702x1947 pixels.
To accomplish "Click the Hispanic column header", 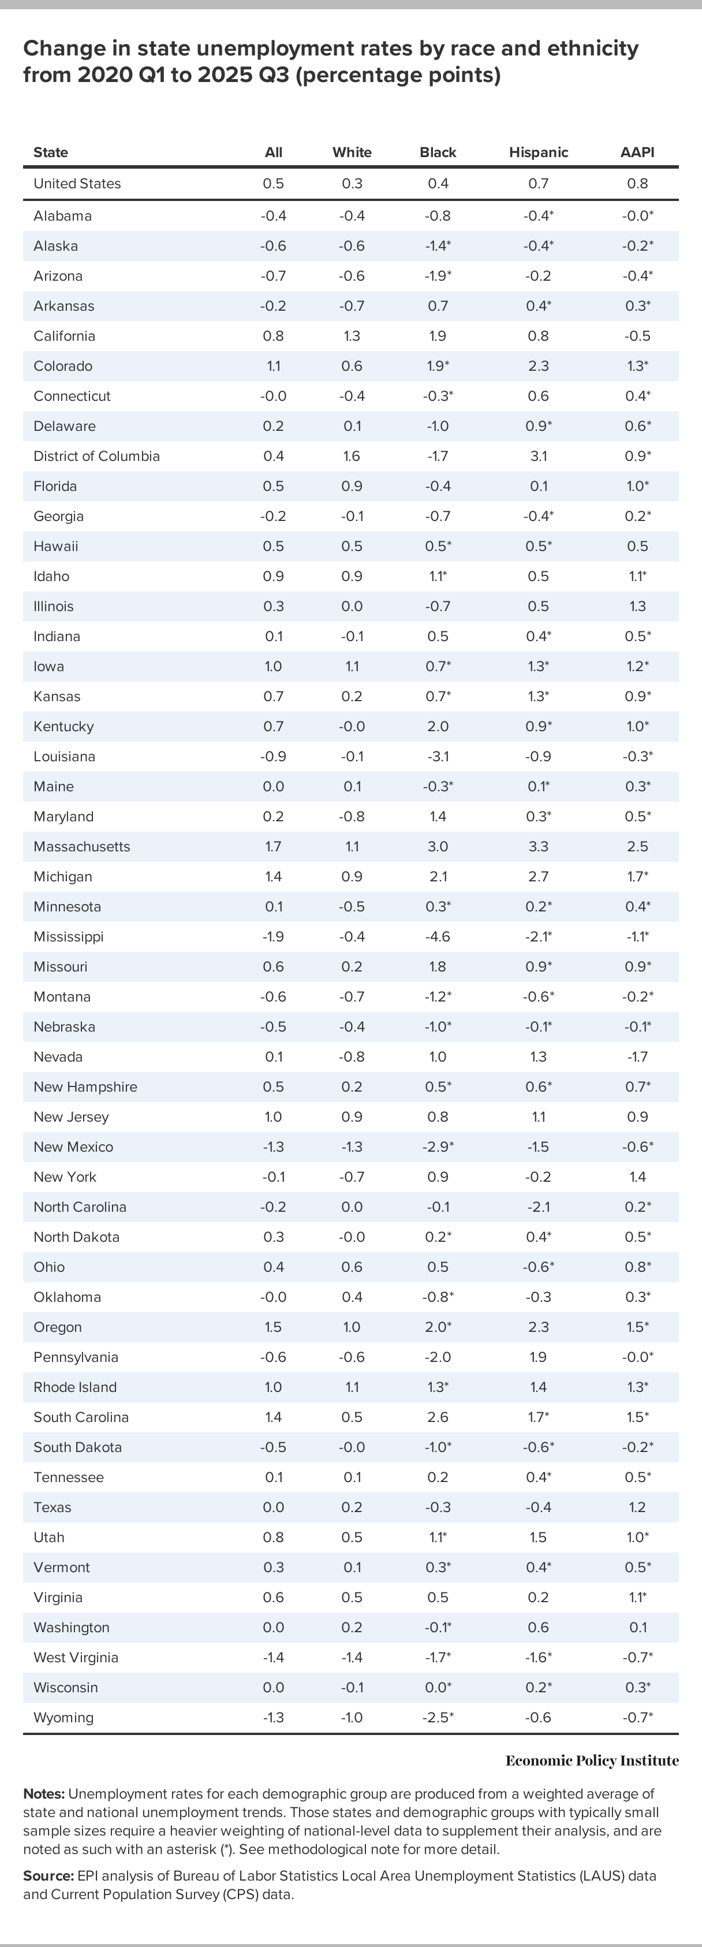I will (538, 152).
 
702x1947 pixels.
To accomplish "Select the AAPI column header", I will (637, 152).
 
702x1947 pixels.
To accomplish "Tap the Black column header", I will (438, 152).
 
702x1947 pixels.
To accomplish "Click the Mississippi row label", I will (68, 936).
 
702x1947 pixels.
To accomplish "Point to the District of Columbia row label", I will (97, 456).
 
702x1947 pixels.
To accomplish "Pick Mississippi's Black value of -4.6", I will (438, 936).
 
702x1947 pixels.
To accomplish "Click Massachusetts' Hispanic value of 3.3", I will (538, 847).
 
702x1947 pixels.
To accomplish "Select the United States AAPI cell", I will (637, 184).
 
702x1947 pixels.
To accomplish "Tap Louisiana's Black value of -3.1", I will (438, 757).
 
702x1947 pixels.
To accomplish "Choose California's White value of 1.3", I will (352, 336).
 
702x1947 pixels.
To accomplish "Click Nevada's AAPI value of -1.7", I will (637, 1056).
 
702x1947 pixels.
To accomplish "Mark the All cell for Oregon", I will (274, 1327).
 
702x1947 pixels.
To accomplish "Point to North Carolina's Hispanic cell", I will (538, 1207).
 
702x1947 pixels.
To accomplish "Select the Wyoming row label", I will (64, 1717).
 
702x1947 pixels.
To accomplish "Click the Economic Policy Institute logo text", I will (592, 1761).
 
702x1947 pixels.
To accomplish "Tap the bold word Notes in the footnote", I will (44, 1793).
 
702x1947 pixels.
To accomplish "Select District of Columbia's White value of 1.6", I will (352, 456).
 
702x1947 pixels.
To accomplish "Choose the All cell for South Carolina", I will (274, 1417).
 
